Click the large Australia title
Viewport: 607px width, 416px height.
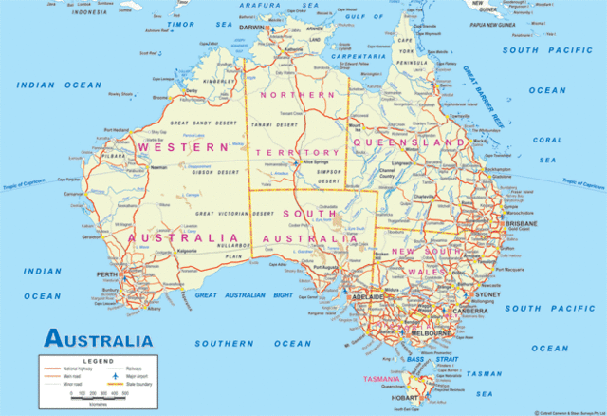98,340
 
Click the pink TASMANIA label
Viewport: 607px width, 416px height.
382,379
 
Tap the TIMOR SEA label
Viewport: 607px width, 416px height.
187,25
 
